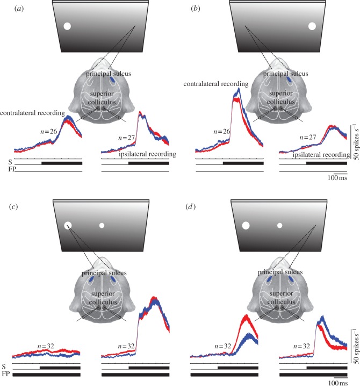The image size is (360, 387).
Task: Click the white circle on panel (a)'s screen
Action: (x=68, y=26)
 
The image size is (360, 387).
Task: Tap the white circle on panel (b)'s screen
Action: (x=312, y=25)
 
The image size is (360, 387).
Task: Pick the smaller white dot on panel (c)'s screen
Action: (x=102, y=225)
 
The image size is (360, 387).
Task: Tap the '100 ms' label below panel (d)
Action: (x=337, y=383)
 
